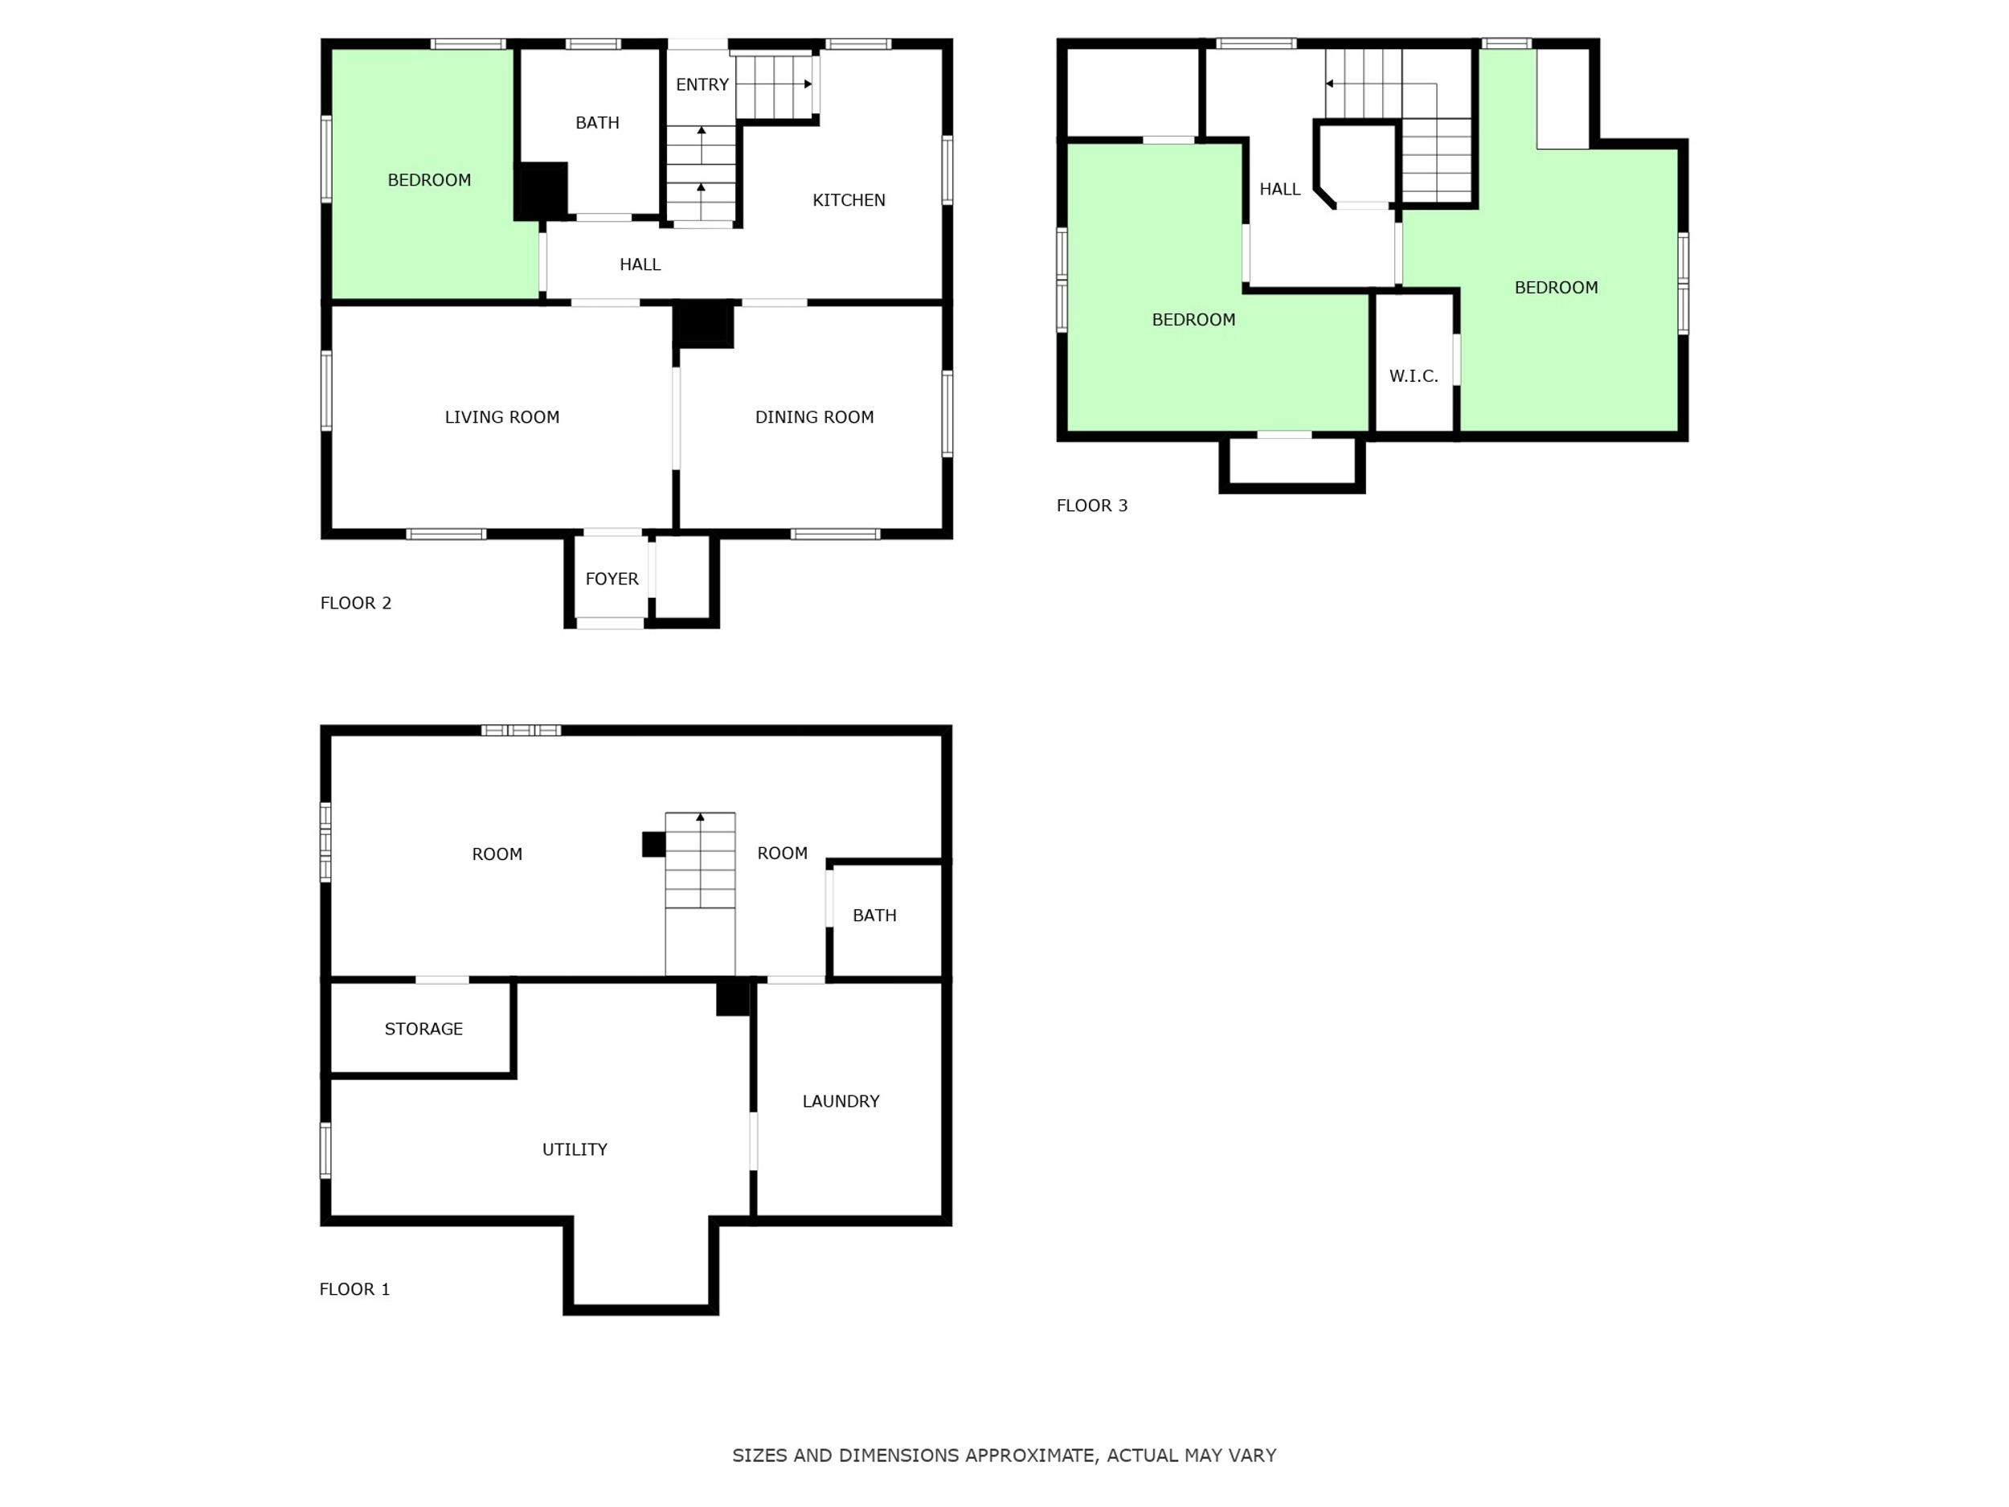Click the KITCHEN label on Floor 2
click(x=849, y=200)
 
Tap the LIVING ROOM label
click(x=501, y=417)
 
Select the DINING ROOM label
click(x=814, y=417)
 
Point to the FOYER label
click(x=612, y=579)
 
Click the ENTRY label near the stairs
click(x=702, y=84)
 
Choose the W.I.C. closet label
click(x=1414, y=376)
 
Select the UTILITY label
click(x=574, y=1149)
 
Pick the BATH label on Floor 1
click(x=874, y=915)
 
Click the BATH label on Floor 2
click(x=597, y=123)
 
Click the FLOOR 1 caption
click(x=354, y=1289)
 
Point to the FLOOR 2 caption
click(x=355, y=603)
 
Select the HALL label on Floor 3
click(x=1279, y=189)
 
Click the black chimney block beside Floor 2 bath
click(x=542, y=190)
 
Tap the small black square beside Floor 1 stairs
click(x=654, y=844)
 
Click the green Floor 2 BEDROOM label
click(x=428, y=180)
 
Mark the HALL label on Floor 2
click(x=640, y=264)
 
